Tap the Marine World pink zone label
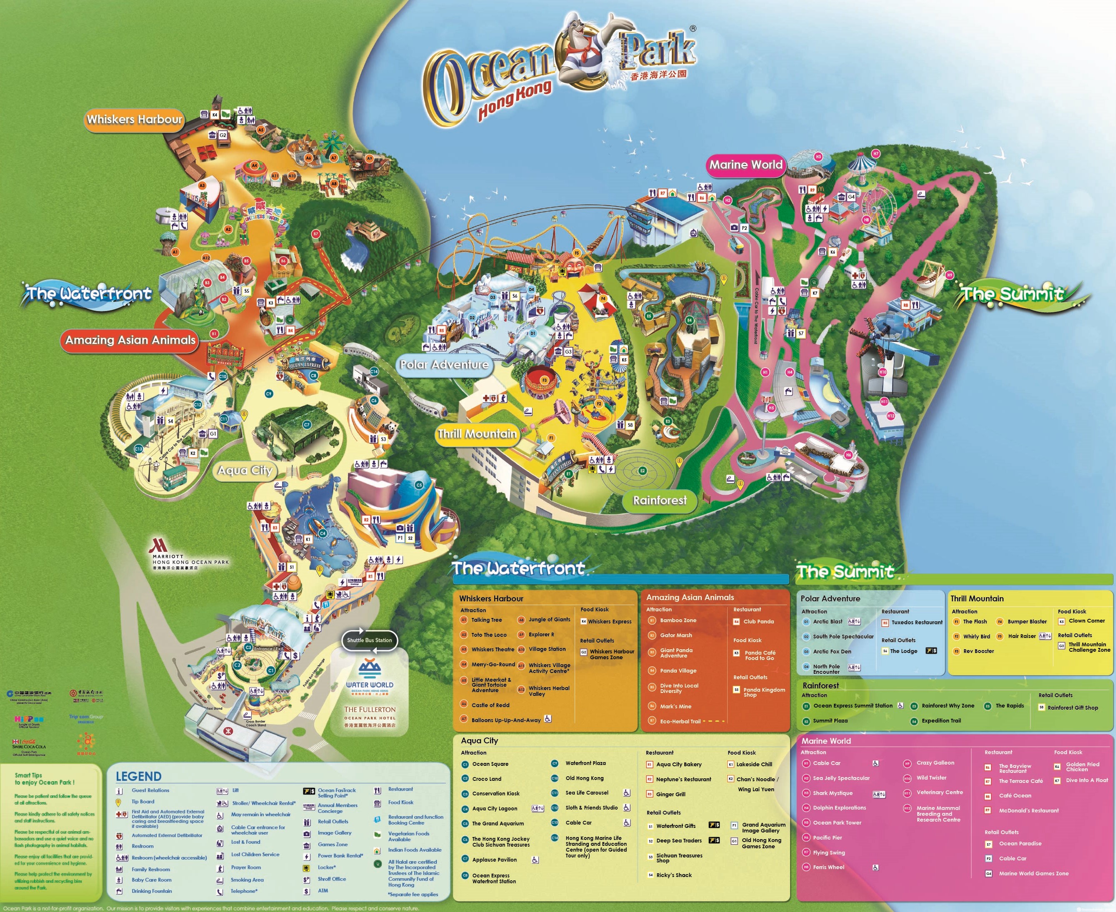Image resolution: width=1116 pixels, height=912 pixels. coord(746,165)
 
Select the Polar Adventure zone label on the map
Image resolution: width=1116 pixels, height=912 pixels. coord(445,364)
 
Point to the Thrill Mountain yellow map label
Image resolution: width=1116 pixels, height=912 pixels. coord(477,434)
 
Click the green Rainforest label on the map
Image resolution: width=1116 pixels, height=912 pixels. coord(660,500)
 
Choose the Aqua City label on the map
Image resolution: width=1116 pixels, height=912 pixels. coord(245,470)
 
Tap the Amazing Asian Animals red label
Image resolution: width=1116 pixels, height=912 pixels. coord(130,340)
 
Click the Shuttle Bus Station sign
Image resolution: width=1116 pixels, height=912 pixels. coord(369,640)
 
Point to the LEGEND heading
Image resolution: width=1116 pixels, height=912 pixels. coord(138,776)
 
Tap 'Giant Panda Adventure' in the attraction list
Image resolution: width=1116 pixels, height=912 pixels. coord(676,653)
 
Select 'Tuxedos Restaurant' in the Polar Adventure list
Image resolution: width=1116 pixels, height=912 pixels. coord(917,622)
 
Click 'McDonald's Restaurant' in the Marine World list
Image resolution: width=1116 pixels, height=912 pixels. coord(1029,810)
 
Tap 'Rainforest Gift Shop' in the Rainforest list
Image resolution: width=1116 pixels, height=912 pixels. coord(1072,708)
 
